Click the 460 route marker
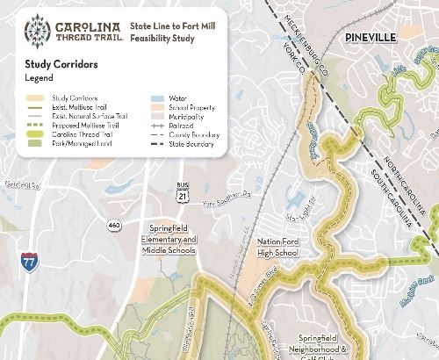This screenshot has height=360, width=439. (115, 226)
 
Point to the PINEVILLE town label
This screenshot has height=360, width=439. (371, 37)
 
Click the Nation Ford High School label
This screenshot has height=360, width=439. (277, 247)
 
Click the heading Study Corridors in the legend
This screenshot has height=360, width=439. (61, 64)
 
